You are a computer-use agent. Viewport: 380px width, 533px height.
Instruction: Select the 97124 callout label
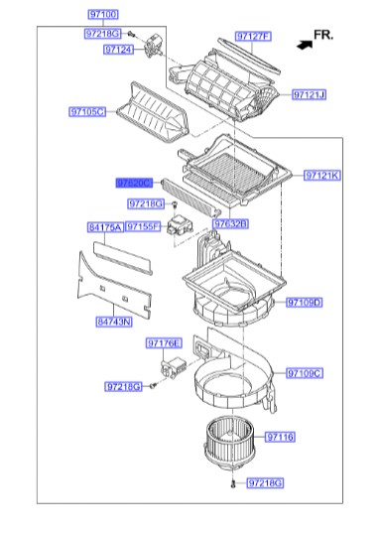[118, 50]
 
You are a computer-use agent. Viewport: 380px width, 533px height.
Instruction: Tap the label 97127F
[253, 37]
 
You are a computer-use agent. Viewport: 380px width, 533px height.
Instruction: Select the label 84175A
[105, 227]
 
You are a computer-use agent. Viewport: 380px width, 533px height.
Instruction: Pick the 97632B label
[232, 224]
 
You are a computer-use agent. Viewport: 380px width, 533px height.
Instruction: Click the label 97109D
[305, 301]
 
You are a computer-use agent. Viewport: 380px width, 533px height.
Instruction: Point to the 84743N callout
[114, 322]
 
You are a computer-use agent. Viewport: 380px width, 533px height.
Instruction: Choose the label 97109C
[305, 374]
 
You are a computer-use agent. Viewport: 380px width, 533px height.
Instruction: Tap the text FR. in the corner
[323, 34]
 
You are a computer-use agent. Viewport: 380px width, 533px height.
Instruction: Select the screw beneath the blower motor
[230, 483]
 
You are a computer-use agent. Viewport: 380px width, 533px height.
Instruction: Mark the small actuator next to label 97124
[154, 43]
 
